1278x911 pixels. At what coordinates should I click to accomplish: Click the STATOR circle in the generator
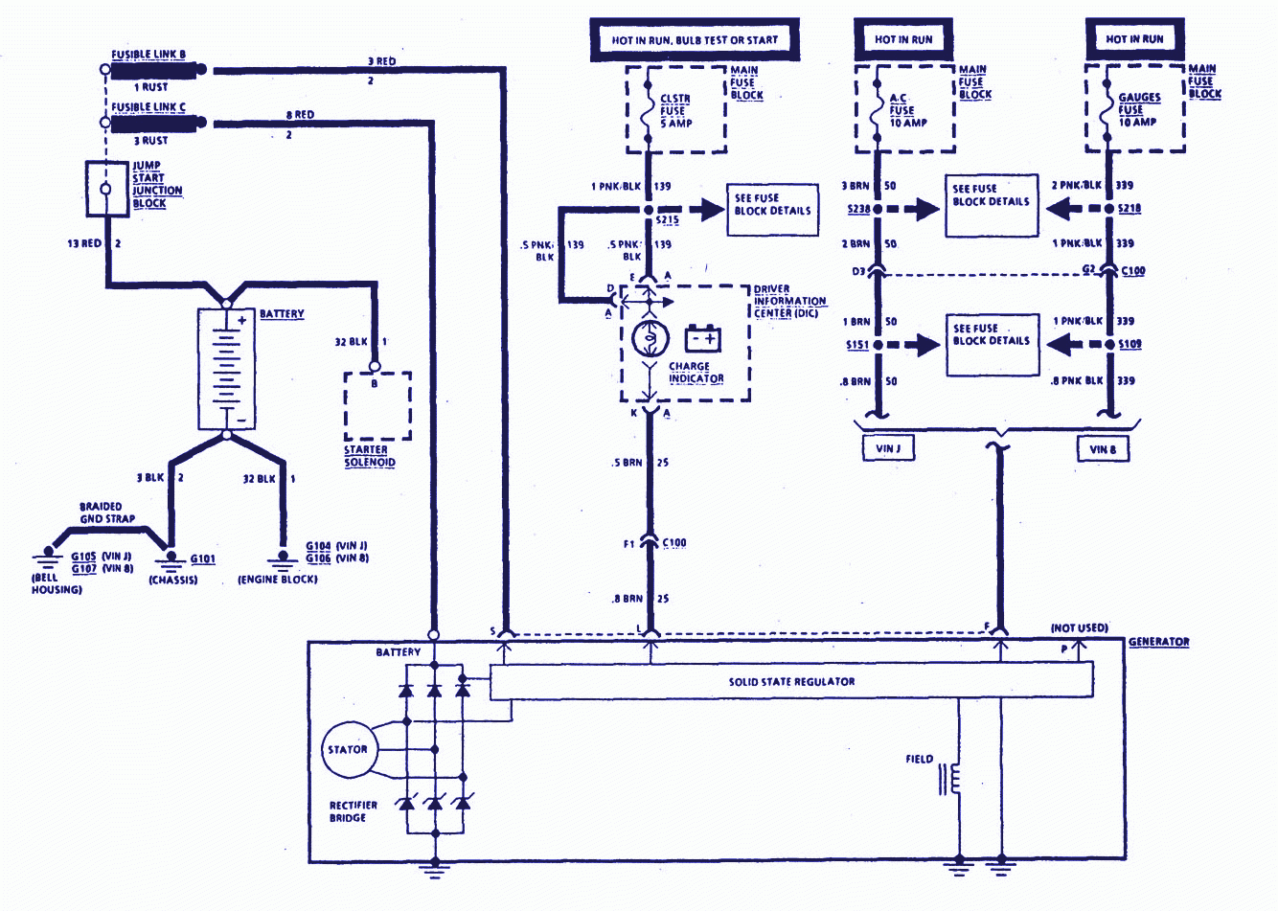[347, 749]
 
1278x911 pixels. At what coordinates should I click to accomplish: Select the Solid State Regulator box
[791, 681]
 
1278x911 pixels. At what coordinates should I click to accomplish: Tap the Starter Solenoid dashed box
[377, 405]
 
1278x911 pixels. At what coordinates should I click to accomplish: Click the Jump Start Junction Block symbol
[106, 189]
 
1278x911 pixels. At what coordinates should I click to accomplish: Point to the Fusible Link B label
[148, 55]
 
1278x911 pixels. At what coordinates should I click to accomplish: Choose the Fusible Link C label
[148, 107]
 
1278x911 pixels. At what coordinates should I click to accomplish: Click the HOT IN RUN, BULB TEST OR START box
[695, 40]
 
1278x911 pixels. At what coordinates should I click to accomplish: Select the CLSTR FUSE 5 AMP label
[675, 111]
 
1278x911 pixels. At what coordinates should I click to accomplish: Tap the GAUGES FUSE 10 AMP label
[1138, 109]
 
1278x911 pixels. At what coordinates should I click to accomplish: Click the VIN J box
[887, 448]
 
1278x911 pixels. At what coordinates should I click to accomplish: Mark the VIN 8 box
[1103, 448]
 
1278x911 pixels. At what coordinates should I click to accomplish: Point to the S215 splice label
[667, 220]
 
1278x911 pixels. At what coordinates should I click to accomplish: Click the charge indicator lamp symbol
[649, 340]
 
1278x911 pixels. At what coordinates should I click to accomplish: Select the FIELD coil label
[919, 759]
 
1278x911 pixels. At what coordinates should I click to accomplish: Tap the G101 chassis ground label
[203, 559]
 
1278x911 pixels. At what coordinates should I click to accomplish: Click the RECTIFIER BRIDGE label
[354, 811]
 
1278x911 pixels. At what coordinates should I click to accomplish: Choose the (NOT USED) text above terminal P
[1079, 627]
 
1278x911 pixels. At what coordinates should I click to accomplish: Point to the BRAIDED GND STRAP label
[106, 512]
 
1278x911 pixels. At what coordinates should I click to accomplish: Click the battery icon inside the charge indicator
[703, 338]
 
